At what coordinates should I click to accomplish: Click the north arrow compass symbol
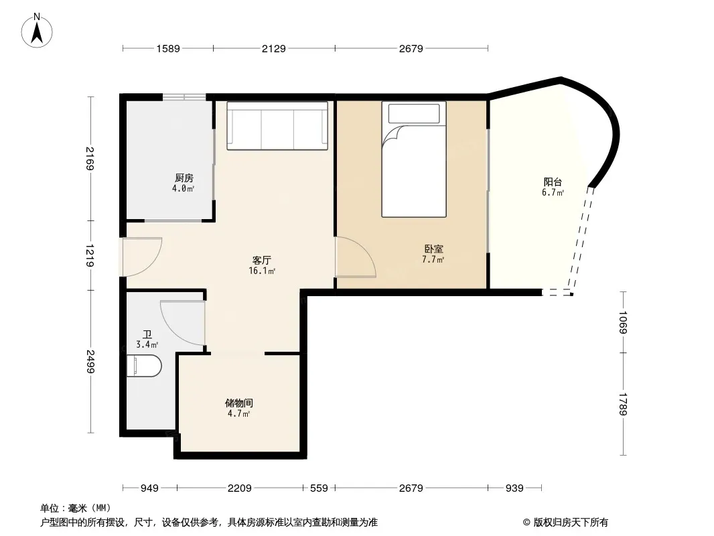(x=37, y=31)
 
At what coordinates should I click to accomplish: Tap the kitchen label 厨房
(x=184, y=178)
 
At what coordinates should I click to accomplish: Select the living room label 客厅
(x=262, y=261)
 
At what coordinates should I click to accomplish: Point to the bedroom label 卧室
(x=433, y=249)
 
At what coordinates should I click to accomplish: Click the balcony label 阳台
(x=553, y=182)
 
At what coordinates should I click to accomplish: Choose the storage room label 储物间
(x=239, y=403)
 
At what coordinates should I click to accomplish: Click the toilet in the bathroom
(x=144, y=366)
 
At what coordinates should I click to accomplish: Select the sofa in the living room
(x=277, y=126)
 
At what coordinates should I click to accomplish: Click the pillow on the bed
(x=414, y=113)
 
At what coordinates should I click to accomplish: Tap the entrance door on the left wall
(x=141, y=257)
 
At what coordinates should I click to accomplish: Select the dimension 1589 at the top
(x=168, y=48)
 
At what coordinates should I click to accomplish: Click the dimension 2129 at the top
(x=274, y=48)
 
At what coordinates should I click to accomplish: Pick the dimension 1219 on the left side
(x=90, y=255)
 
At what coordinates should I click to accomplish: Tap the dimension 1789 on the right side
(x=623, y=404)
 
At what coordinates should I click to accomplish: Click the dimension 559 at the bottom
(x=319, y=488)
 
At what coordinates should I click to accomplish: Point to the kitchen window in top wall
(x=184, y=97)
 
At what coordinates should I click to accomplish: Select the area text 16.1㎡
(x=262, y=271)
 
